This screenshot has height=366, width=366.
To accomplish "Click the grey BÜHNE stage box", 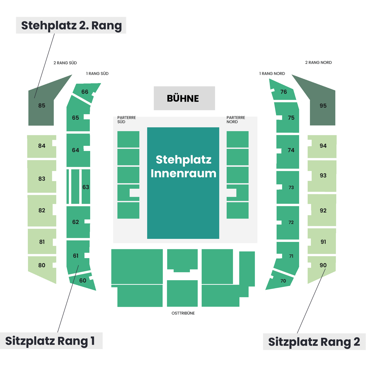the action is click(x=184, y=98).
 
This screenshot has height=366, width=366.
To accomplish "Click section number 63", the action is click(x=86, y=187).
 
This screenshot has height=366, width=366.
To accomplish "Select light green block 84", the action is click(x=42, y=146).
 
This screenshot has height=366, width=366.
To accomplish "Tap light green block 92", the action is click(x=322, y=210).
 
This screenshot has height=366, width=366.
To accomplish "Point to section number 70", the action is click(x=283, y=281).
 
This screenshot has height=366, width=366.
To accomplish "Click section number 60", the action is click(x=83, y=280).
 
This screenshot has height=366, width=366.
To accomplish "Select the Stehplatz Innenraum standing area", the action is click(x=183, y=183).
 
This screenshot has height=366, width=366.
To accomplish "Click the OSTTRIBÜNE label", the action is click(x=183, y=313).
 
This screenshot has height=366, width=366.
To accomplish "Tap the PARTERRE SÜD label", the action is click(x=126, y=120).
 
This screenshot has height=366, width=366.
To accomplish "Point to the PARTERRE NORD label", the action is click(x=236, y=120).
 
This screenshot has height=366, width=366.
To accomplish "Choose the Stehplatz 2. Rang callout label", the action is click(x=71, y=25).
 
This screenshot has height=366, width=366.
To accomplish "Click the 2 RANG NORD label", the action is click(x=318, y=63).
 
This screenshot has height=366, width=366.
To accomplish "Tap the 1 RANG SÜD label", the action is click(x=97, y=73).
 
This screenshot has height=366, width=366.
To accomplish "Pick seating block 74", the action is click(x=287, y=151).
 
